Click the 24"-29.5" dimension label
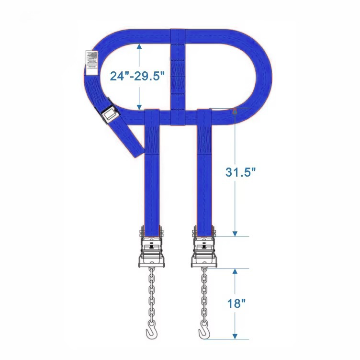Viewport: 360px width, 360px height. [137, 76]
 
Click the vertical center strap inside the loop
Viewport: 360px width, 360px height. [178, 72]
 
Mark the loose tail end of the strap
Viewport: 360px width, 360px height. [136, 148]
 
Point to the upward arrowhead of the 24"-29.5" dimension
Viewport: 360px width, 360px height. [139, 46]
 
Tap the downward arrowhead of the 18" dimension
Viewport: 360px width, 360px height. [235, 336]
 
